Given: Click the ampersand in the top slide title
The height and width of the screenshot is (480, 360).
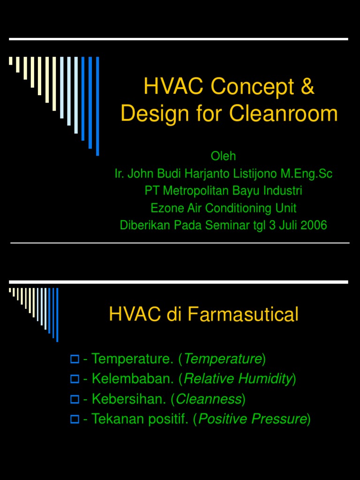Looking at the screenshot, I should [x=306, y=87].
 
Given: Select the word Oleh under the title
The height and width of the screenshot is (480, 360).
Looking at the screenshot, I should [x=223, y=156].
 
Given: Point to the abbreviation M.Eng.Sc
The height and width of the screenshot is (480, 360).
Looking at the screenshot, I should [x=306, y=173].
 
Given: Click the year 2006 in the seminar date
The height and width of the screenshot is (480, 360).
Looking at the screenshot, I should [x=314, y=225].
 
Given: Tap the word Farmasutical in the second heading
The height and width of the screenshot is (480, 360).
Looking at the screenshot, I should [x=243, y=315].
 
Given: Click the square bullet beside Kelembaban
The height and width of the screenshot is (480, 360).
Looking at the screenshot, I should [x=74, y=379].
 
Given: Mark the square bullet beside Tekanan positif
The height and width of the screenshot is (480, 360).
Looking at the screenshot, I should [x=74, y=419].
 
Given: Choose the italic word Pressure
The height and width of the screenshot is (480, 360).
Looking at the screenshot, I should [x=284, y=419].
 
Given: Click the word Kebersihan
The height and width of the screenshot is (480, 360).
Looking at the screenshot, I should [x=129, y=399].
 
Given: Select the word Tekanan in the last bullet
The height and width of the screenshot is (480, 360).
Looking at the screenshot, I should [x=113, y=419].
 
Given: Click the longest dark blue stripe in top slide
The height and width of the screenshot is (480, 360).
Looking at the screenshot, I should [x=97, y=106].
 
